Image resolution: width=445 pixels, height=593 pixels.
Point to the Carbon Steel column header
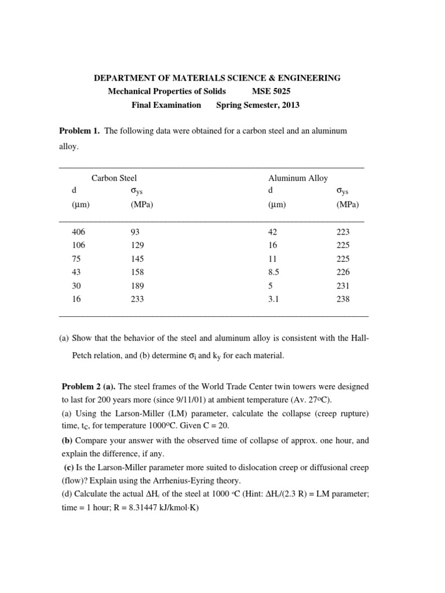click(x=114, y=178)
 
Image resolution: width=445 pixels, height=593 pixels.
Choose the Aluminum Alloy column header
click(x=298, y=178)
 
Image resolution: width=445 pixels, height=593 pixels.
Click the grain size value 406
click(x=78, y=232)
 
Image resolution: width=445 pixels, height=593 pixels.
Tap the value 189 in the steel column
click(x=138, y=285)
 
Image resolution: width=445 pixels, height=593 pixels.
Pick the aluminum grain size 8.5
click(x=274, y=272)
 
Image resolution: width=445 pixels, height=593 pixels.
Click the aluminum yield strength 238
click(x=343, y=299)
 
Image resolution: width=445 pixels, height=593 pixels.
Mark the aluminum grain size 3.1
click(x=273, y=299)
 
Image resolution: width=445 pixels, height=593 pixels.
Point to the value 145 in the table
click(x=138, y=259)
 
